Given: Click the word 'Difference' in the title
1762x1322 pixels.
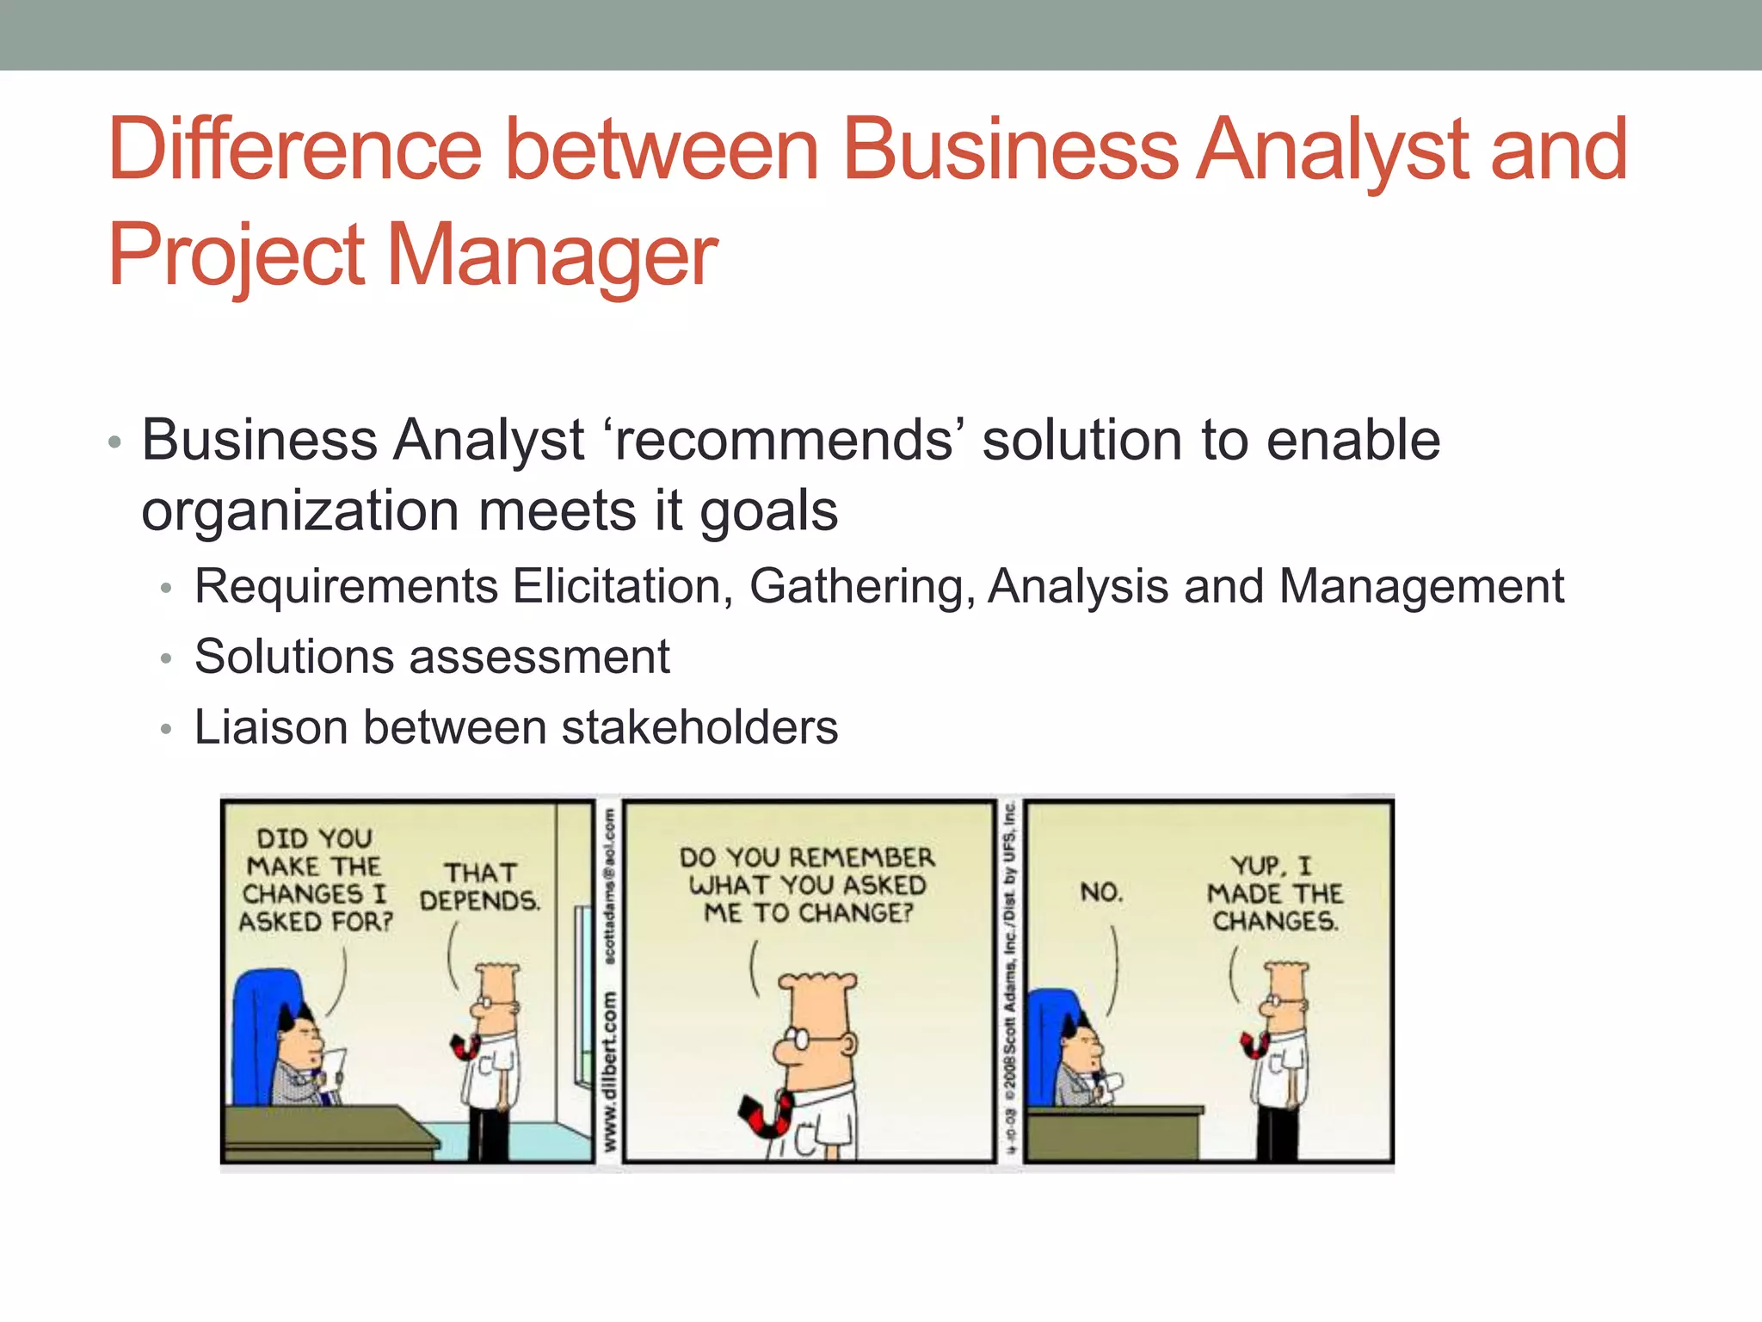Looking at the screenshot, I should tap(294, 150).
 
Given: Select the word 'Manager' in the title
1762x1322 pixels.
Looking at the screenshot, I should tap(552, 256).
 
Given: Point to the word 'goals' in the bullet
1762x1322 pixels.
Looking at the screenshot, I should tap(768, 511).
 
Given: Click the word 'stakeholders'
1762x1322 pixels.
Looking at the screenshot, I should tap(699, 727).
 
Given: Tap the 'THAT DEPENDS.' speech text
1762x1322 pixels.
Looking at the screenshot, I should tap(480, 887).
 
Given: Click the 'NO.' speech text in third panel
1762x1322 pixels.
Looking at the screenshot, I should tap(1102, 893).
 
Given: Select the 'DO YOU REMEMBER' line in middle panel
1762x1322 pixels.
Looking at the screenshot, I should tap(806, 857).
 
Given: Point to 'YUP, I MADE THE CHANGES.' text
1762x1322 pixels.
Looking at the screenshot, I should tap(1275, 893).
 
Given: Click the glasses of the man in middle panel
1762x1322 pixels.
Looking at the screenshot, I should tap(812, 1039).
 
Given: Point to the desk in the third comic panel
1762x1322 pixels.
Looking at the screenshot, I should tap(1115, 1132).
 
